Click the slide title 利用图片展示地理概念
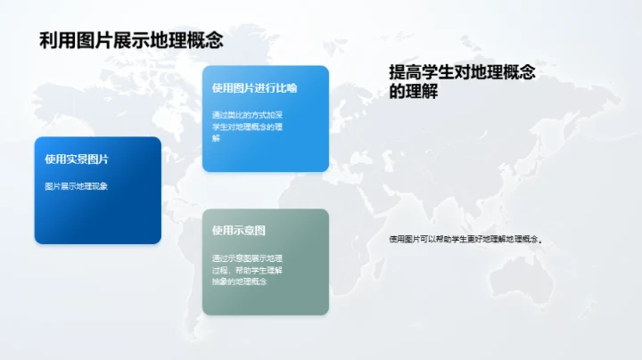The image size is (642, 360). pyautogui.click(x=130, y=41)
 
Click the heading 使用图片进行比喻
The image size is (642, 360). pyautogui.click(x=254, y=88)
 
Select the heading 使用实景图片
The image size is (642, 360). pyautogui.click(x=77, y=160)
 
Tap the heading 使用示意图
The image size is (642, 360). pyautogui.click(x=238, y=231)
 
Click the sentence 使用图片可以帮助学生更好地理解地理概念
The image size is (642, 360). pyautogui.click(x=466, y=239)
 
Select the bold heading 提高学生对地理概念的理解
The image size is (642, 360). pyautogui.click(x=462, y=82)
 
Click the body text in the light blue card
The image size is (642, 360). pyautogui.click(x=247, y=127)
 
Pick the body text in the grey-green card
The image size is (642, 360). pyautogui.click(x=247, y=269)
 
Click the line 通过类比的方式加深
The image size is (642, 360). pyautogui.click(x=247, y=115)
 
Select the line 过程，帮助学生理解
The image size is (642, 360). pyautogui.click(x=247, y=269)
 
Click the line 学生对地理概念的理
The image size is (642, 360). pyautogui.click(x=247, y=127)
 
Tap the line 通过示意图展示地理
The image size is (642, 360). pyautogui.click(x=247, y=258)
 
